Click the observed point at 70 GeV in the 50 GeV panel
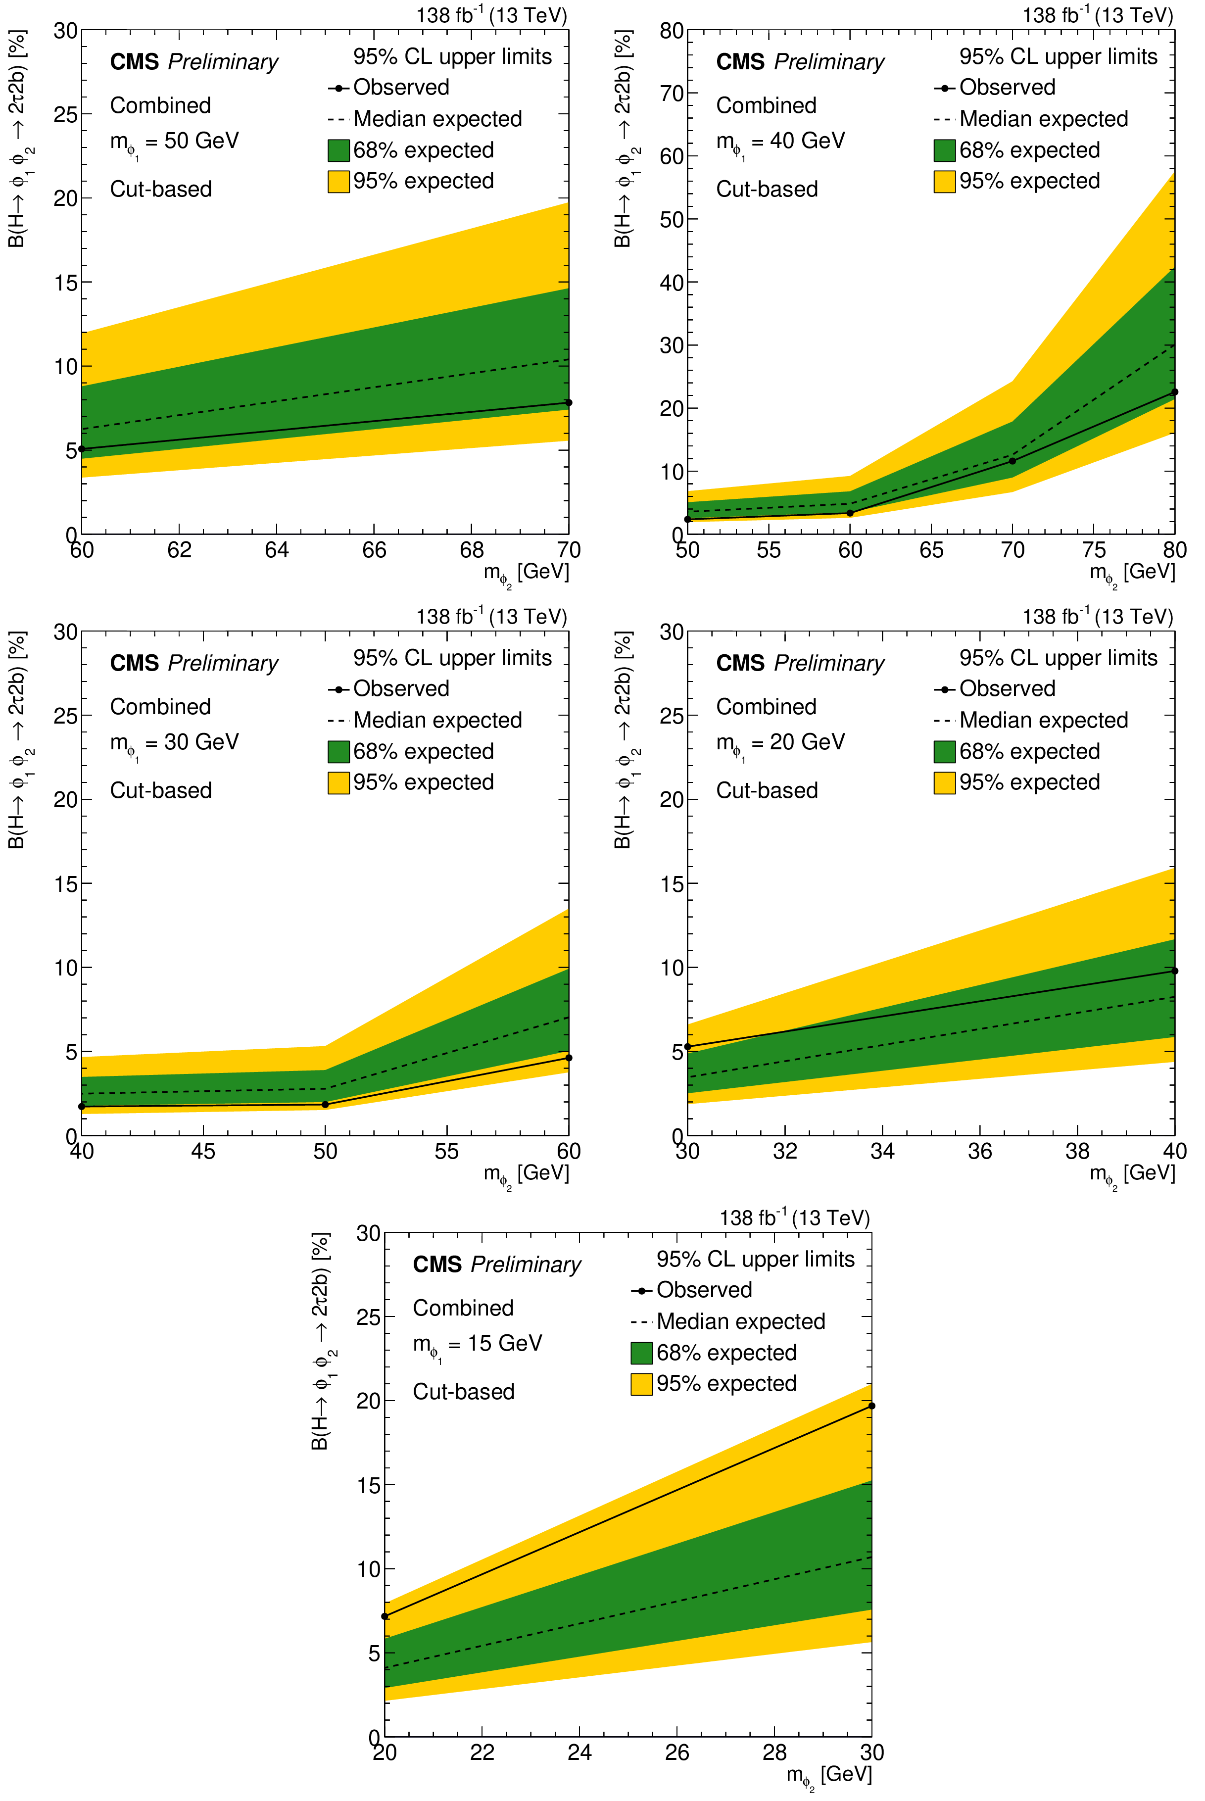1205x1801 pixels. (x=569, y=402)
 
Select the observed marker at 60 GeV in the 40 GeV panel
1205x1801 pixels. (x=850, y=513)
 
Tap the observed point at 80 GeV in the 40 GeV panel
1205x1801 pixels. (x=1174, y=392)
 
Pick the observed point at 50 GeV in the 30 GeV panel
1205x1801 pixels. (x=325, y=1104)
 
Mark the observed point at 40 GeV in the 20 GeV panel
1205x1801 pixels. (x=1174, y=971)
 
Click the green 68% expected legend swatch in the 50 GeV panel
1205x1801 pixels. (x=338, y=150)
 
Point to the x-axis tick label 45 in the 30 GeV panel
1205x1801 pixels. (x=204, y=1151)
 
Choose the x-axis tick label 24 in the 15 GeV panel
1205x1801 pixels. (x=579, y=1752)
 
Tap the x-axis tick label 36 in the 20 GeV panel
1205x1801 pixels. (x=980, y=1151)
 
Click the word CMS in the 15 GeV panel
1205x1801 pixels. (x=437, y=1265)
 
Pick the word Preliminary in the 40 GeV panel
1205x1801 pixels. (x=829, y=62)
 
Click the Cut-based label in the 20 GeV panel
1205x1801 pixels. (x=767, y=790)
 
